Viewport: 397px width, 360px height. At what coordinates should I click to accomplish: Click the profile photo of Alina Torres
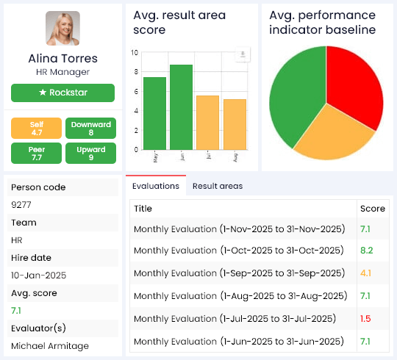[x=62, y=29]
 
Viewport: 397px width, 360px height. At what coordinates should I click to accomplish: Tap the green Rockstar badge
[x=62, y=93]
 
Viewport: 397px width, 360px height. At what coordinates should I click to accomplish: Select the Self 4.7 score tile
[x=37, y=129]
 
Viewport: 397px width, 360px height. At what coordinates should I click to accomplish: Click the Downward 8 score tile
[x=90, y=129]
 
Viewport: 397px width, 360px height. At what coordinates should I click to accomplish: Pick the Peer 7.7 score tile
[x=37, y=153]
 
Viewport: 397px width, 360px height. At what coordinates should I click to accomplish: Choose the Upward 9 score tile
[x=90, y=153]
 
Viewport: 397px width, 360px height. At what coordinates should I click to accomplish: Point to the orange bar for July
[x=208, y=120]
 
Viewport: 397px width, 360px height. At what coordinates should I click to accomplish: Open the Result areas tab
[x=217, y=186]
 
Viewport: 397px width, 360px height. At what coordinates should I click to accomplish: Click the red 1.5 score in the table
[x=366, y=318]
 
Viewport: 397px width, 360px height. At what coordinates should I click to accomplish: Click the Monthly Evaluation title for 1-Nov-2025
[x=239, y=229]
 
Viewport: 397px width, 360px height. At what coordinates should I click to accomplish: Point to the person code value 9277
[x=22, y=205]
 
